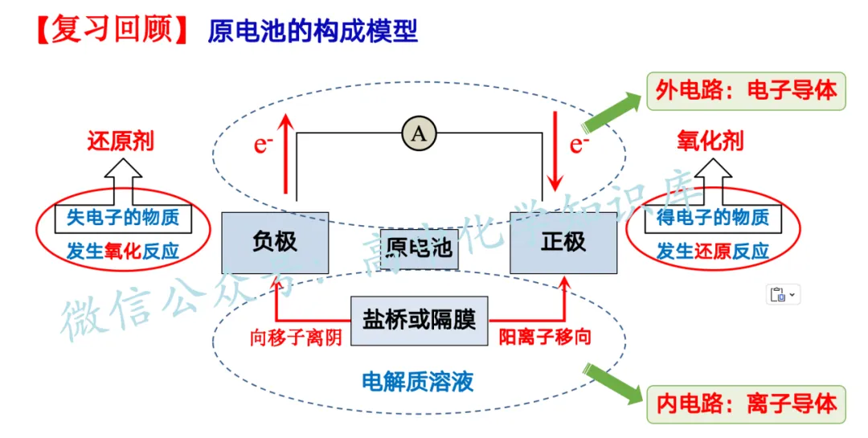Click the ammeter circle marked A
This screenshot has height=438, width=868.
(418, 134)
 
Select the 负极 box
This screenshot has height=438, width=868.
(275, 242)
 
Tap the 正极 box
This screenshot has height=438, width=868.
(563, 242)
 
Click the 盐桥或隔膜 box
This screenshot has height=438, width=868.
(420, 321)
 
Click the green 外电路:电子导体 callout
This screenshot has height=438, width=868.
(747, 90)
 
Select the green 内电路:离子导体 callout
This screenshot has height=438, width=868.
(747, 403)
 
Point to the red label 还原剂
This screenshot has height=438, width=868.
(121, 142)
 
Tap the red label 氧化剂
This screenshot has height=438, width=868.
(711, 142)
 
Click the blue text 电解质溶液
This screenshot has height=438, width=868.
(418, 380)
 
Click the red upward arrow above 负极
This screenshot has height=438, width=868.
(284, 153)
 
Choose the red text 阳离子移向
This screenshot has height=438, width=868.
(545, 337)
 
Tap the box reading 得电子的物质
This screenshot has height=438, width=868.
(712, 217)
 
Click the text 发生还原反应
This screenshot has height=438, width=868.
(712, 252)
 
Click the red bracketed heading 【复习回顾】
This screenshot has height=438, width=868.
(112, 30)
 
